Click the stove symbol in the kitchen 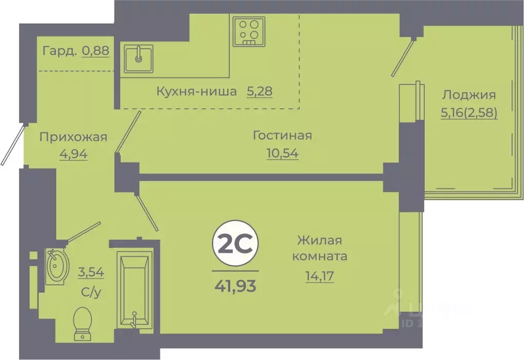(x=249, y=31)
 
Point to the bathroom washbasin (x=56, y=266)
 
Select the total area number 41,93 (x=235, y=283)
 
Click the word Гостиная (x=282, y=136)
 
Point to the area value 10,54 (x=282, y=153)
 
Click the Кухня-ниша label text (x=196, y=92)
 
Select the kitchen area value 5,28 (x=259, y=92)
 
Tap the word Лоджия (x=469, y=95)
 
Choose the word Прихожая (x=73, y=137)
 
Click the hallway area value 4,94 (x=73, y=154)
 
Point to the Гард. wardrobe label (x=60, y=51)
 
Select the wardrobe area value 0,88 (x=96, y=51)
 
